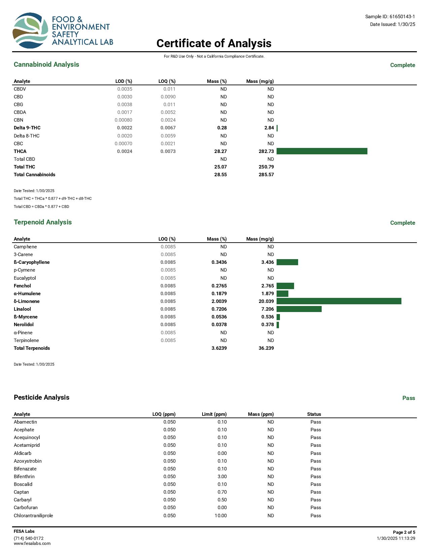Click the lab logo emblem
pos(30,30)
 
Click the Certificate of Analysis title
pos(214,43)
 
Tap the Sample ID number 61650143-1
pos(402,17)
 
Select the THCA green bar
pos(322,151)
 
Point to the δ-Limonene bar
pos(339,301)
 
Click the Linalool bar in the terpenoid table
pos(299,309)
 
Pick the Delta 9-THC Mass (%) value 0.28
pos(222,128)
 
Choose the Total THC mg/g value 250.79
pos(266,167)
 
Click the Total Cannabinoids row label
pos(34,175)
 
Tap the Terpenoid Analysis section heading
pos(43,222)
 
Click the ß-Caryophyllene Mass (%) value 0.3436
pos(219,262)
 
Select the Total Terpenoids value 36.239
pos(266,348)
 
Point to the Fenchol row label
pos(22,286)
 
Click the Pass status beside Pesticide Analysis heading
pos(408,398)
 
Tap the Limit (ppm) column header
pos(214,414)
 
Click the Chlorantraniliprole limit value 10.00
pos(221,516)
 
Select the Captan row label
pos(21,492)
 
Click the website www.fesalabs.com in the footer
pos(32,543)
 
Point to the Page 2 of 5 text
pos(404,532)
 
